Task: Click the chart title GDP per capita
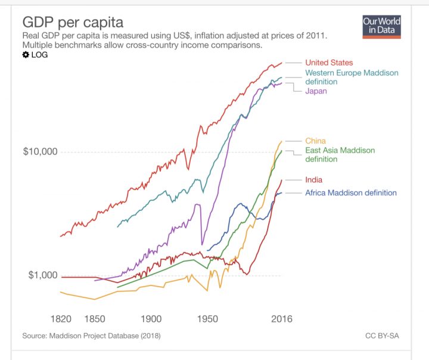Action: [73, 23]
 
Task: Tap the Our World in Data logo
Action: [381, 26]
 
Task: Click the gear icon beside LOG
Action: [26, 55]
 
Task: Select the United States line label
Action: [329, 63]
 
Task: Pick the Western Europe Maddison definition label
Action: [352, 77]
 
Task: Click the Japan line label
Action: [316, 91]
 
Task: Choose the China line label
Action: [315, 141]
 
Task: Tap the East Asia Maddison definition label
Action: [340, 154]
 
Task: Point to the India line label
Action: [313, 179]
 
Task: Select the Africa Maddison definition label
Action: [350, 193]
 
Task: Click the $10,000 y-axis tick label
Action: [40, 151]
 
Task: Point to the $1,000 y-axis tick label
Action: [42, 275]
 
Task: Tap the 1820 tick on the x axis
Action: [62, 319]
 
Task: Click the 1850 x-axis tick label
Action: [95, 319]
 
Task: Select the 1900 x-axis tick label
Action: [151, 319]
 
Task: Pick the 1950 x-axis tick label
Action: [207, 319]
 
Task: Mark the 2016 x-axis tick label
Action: [281, 319]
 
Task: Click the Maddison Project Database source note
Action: [91, 336]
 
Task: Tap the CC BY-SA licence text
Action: [382, 336]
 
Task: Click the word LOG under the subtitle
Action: [39, 55]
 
